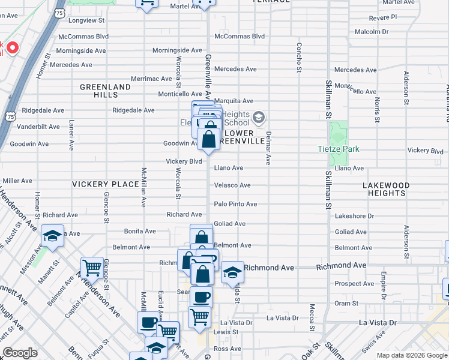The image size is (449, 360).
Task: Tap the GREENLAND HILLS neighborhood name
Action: (106, 91)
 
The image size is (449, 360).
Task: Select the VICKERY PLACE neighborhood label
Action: (106, 184)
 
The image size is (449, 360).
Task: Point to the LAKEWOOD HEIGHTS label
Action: (386, 190)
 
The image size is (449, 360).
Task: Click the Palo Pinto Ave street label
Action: (235, 205)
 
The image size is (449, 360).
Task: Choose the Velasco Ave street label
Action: (232, 185)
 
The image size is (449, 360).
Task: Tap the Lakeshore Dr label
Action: (354, 216)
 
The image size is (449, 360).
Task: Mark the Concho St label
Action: (298, 57)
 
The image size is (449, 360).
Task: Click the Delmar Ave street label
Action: (268, 148)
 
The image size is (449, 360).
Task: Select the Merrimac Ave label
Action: (152, 79)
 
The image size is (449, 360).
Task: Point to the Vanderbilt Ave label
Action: (38, 127)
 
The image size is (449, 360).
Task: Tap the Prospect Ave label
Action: (354, 284)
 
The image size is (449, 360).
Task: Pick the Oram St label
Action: (346, 304)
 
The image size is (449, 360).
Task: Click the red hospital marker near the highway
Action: (12, 47)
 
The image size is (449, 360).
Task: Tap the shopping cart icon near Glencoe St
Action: (92, 266)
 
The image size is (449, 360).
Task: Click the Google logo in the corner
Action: (20, 353)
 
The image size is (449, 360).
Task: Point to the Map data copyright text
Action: (412, 355)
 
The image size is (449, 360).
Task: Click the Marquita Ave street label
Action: (234, 101)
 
